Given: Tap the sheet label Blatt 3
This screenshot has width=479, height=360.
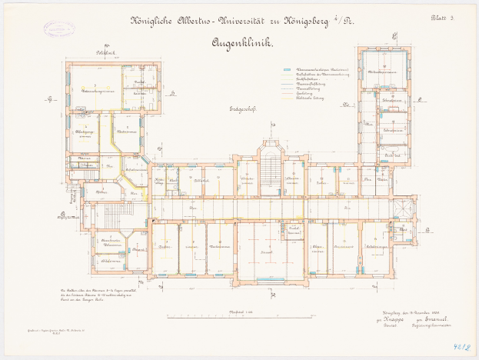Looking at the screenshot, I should click(x=444, y=18).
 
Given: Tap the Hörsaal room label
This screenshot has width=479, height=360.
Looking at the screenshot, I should click(x=267, y=252).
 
